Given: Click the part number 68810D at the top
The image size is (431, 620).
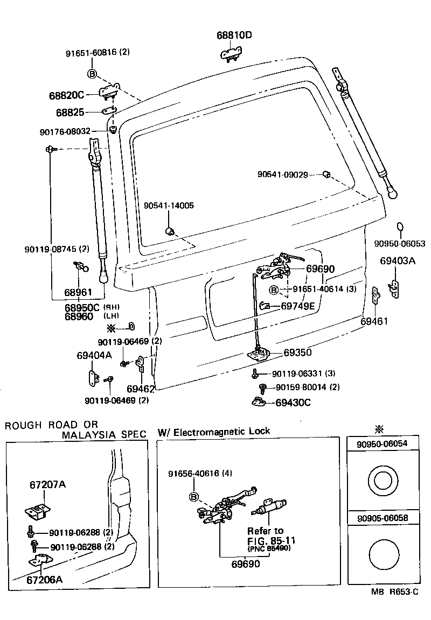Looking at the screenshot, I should click(x=234, y=36).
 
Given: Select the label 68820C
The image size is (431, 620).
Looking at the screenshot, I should click(x=66, y=95).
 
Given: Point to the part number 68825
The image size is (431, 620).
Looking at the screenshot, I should click(x=71, y=112).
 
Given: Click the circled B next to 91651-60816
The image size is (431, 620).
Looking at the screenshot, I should click(x=92, y=74).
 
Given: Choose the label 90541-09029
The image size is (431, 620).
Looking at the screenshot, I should click(x=282, y=174).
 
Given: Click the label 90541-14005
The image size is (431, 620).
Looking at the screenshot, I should click(x=169, y=206).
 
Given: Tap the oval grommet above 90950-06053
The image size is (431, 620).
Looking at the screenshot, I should click(x=400, y=227).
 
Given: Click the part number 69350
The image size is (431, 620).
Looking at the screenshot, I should click(x=297, y=353).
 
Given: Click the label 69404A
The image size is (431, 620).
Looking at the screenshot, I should click(x=94, y=355).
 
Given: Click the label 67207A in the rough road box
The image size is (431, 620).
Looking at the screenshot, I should click(x=47, y=484).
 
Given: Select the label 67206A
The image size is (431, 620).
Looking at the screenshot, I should click(x=44, y=580).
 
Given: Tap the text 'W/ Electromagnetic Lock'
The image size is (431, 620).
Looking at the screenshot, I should click(x=214, y=431).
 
